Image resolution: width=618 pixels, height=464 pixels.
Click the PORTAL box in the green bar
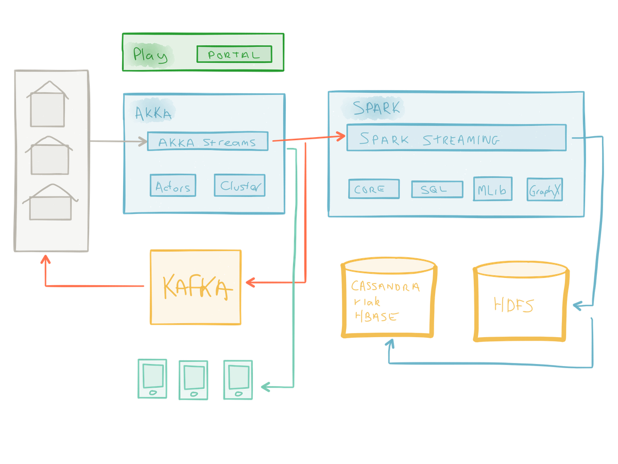point(234,54)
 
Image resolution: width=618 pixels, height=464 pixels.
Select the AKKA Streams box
point(208,142)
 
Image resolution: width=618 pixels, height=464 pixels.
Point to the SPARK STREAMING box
point(456,138)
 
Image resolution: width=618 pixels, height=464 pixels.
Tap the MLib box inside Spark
point(493,189)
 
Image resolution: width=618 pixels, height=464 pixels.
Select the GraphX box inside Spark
point(544,190)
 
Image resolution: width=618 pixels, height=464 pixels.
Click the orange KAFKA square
point(196,287)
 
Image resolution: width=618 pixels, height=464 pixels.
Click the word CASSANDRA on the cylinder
point(385,287)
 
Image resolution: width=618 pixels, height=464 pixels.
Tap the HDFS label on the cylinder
point(513,305)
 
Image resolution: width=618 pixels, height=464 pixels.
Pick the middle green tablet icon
point(193,380)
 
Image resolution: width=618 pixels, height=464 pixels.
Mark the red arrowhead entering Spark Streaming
point(340,136)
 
